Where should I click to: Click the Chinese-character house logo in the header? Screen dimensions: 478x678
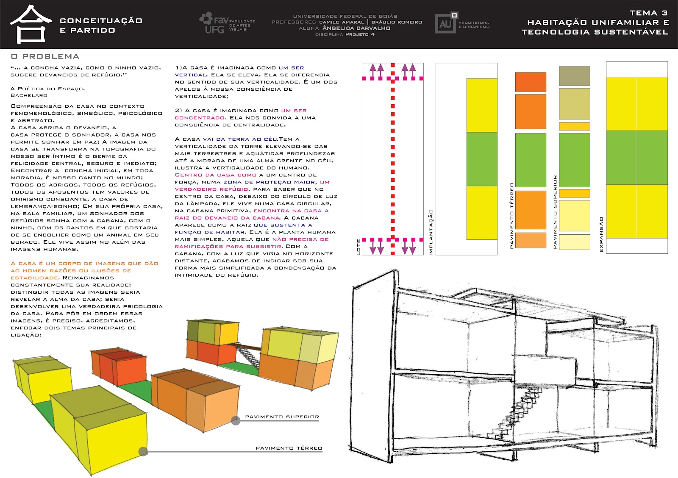(31, 24)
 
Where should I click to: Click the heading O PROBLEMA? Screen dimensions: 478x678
(45, 56)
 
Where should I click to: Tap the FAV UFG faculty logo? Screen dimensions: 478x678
(227, 24)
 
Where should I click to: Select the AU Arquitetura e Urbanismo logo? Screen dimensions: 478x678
(462, 23)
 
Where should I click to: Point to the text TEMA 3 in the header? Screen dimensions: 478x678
(648, 13)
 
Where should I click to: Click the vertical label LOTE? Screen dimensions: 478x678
(358, 247)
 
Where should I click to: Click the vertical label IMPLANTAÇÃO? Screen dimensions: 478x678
(431, 232)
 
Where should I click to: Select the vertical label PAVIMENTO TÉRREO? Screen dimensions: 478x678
(511, 215)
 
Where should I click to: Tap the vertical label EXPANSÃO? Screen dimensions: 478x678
(601, 235)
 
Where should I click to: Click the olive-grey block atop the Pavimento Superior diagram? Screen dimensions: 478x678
(574, 76)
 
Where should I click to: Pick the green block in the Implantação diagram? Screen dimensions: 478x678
(482, 159)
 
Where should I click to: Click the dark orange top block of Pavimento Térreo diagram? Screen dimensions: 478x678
(531, 82)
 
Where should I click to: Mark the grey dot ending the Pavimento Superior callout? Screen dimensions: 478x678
(236, 420)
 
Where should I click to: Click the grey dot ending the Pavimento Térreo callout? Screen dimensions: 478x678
(143, 451)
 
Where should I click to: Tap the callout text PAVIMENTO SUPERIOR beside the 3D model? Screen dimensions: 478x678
(282, 417)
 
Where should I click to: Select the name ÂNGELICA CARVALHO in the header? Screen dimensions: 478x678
(356, 28)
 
